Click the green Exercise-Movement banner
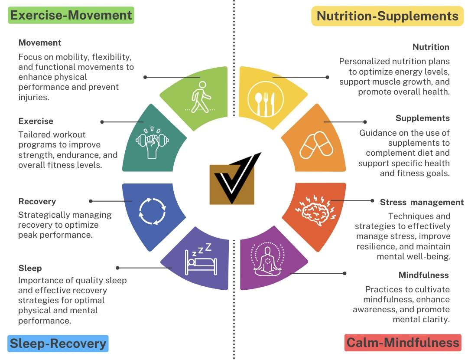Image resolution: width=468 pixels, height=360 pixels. pos(71,16)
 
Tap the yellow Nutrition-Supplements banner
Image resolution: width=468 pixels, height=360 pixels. pos(387,16)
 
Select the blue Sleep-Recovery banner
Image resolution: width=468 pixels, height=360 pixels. pos(58,344)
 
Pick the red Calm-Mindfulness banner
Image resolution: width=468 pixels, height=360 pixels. pos(403,343)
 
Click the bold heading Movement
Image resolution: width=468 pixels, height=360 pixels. pos(40,43)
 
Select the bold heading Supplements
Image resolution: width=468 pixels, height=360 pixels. pos(422,118)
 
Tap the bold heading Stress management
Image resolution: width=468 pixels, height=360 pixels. pos(422,202)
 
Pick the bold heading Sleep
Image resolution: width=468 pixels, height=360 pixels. pos(30,268)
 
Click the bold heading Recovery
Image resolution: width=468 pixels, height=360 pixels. pos(37,201)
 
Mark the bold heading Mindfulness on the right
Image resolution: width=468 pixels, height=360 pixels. pos(423,275)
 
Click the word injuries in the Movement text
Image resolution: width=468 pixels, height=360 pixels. pos(33,97)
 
